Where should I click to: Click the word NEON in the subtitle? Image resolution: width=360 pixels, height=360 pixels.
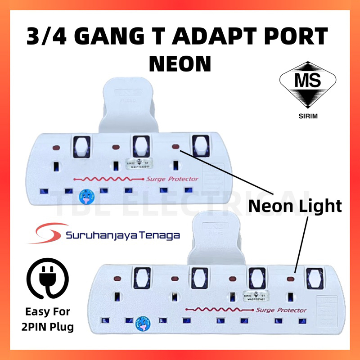click(x=180, y=63)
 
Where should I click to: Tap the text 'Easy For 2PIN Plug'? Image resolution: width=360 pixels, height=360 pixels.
click(x=48, y=319)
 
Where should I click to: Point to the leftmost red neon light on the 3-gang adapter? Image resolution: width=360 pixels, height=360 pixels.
click(x=54, y=148)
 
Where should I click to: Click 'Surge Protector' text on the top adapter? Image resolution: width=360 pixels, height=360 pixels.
click(x=172, y=179)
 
